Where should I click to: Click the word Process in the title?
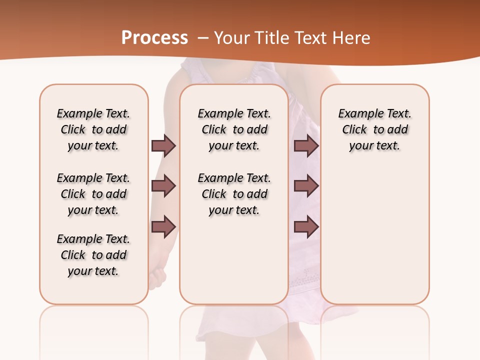click(x=154, y=37)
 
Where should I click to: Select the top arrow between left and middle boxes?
click(x=163, y=146)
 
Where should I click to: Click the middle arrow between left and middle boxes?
click(x=163, y=186)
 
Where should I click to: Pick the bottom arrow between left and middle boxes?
click(x=163, y=226)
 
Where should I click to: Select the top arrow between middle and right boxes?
click(x=306, y=146)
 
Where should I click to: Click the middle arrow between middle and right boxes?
click(x=306, y=186)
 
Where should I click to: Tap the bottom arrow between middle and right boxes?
click(x=306, y=226)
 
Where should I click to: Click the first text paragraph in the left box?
click(x=93, y=129)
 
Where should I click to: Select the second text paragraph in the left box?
click(x=93, y=194)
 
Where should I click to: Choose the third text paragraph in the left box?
click(x=93, y=255)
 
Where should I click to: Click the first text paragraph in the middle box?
click(x=234, y=129)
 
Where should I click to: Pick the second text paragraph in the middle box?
click(x=234, y=194)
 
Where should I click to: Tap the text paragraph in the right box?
click(x=374, y=129)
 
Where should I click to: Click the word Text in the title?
click(x=311, y=37)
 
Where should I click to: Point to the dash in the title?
click(x=203, y=37)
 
